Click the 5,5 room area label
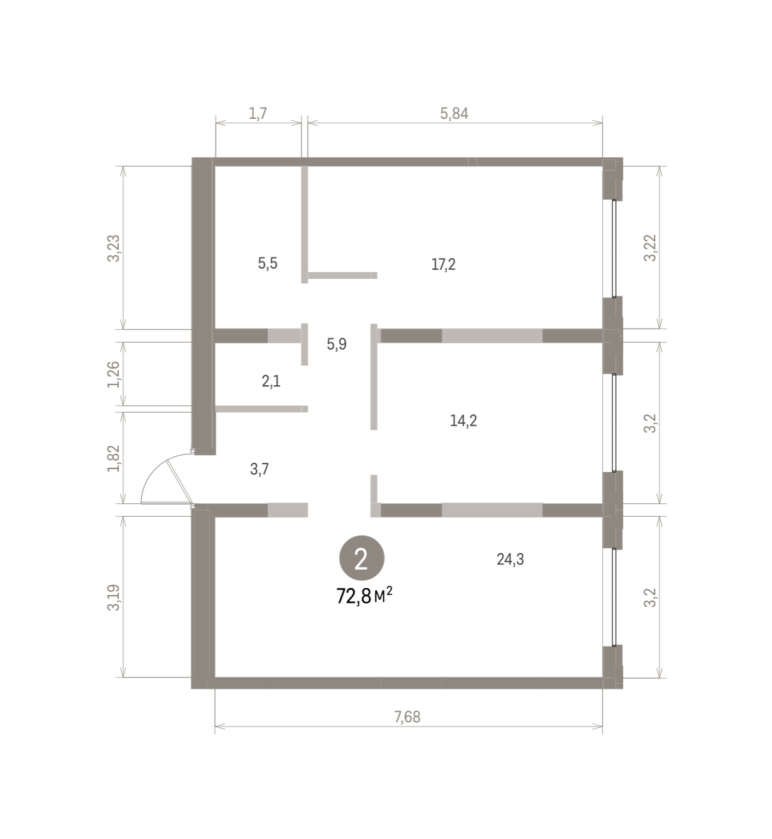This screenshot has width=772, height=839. pyautogui.click(x=267, y=264)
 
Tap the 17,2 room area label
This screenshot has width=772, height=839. pyautogui.click(x=443, y=264)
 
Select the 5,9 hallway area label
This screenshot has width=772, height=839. pyautogui.click(x=336, y=344)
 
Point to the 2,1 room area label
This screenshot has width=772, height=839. pyautogui.click(x=271, y=381)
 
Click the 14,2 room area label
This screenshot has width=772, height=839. pyautogui.click(x=463, y=420)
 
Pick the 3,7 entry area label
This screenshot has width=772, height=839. pyautogui.click(x=259, y=469)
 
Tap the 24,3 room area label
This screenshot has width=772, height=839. pyautogui.click(x=510, y=559)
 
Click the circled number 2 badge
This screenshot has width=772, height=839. pyautogui.click(x=362, y=559)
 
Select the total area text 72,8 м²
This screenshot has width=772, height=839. pyautogui.click(x=364, y=596)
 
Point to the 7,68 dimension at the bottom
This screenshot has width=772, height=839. pyautogui.click(x=407, y=717)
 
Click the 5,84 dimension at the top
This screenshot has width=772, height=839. pyautogui.click(x=454, y=113)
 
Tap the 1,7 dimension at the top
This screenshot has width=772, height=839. pyautogui.click(x=258, y=113)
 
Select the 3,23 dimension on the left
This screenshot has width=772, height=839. pyautogui.click(x=114, y=248)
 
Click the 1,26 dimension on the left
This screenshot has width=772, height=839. pyautogui.click(x=114, y=374)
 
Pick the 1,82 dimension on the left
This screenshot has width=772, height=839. pyautogui.click(x=114, y=459)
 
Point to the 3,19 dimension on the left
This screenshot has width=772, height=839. pyautogui.click(x=114, y=597)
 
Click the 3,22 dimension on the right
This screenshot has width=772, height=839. pyautogui.click(x=650, y=248)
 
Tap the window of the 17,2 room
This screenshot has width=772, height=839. pyautogui.click(x=614, y=249)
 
